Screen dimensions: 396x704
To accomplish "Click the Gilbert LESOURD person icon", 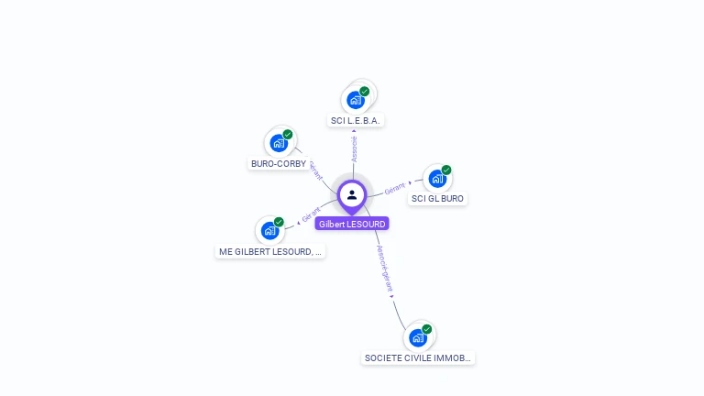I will [x=352, y=194].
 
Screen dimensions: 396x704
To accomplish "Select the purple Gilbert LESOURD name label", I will [x=352, y=224].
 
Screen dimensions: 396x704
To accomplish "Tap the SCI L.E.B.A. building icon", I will [x=356, y=99].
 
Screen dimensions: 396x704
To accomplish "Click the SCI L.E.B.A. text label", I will [x=356, y=121].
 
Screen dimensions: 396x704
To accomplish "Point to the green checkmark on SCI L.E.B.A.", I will [x=364, y=92].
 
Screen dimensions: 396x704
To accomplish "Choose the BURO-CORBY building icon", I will [x=278, y=143].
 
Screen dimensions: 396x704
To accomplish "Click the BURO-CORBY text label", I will [x=278, y=164].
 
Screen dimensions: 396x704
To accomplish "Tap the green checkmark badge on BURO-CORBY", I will [x=288, y=135].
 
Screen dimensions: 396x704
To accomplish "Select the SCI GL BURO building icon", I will [x=436, y=178].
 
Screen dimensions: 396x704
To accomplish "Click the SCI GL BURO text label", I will [x=438, y=199].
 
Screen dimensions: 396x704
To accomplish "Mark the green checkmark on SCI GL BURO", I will [x=446, y=170].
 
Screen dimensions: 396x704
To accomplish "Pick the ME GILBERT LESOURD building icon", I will [x=269, y=230].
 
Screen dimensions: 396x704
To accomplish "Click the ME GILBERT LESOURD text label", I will [x=270, y=251].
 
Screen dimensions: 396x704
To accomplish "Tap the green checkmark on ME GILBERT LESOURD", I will [x=279, y=222].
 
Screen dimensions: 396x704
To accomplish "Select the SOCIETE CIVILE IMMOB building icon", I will [x=418, y=336].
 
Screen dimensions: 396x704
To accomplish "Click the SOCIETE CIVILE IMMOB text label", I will [x=418, y=358].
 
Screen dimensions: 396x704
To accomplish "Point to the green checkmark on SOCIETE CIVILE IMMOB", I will [x=427, y=329].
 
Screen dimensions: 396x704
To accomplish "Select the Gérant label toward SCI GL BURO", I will [x=395, y=187].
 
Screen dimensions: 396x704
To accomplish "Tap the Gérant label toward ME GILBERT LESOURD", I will [x=311, y=214].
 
